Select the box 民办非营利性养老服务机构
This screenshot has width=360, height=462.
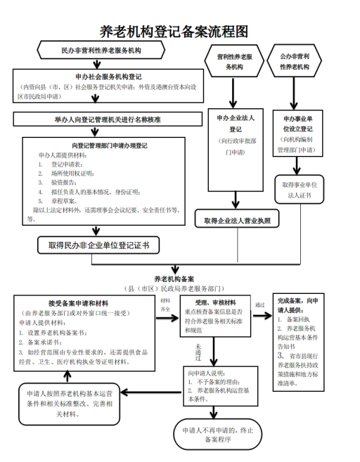click(x=101, y=51)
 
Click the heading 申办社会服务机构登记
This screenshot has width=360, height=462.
click(x=108, y=76)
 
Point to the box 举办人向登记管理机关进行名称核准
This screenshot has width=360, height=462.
click(x=108, y=120)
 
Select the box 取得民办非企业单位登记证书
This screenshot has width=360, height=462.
click(x=98, y=245)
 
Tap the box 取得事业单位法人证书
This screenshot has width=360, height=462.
click(x=300, y=189)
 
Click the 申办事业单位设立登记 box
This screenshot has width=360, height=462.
click(x=297, y=134)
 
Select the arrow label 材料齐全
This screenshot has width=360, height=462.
click(x=165, y=304)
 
